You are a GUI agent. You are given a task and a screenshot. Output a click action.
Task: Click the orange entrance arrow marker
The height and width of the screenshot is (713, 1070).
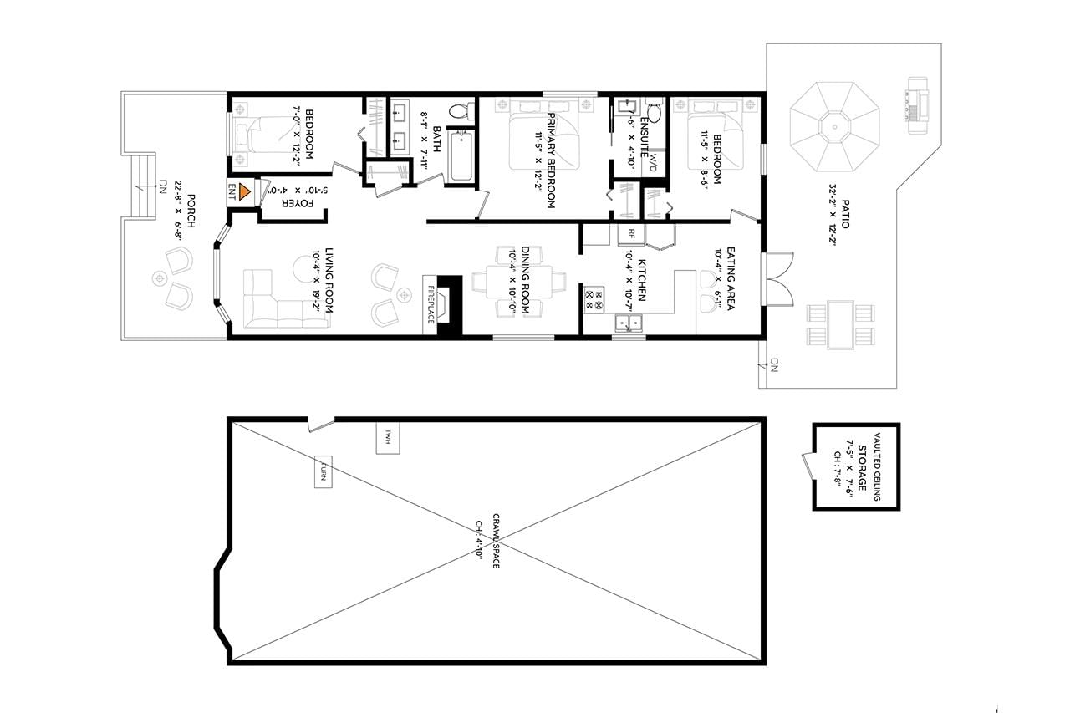click(x=244, y=191)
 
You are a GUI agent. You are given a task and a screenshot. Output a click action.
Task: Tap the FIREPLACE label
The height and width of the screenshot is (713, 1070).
click(x=431, y=304)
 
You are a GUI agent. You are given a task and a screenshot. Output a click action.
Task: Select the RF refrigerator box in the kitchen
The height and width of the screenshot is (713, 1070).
click(x=631, y=234)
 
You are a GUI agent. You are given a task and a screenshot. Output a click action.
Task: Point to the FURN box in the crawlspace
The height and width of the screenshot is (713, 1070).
click(x=323, y=471)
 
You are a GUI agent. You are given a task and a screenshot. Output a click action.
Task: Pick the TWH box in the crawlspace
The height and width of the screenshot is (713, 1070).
click(x=387, y=437)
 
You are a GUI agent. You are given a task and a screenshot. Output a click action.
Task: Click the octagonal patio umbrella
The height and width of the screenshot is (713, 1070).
click(x=834, y=126)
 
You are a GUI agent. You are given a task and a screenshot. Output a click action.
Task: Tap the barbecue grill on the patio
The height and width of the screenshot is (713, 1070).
click(x=917, y=105)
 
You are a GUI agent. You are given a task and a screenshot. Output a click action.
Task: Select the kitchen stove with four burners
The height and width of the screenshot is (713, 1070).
click(x=594, y=300)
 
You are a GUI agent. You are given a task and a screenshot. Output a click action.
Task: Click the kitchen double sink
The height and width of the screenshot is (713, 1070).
click(x=628, y=323)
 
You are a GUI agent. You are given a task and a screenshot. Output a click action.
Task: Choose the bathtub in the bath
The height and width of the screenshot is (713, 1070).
click(x=461, y=156)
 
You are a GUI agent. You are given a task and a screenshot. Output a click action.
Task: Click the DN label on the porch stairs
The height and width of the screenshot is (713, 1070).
click(x=163, y=185)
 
